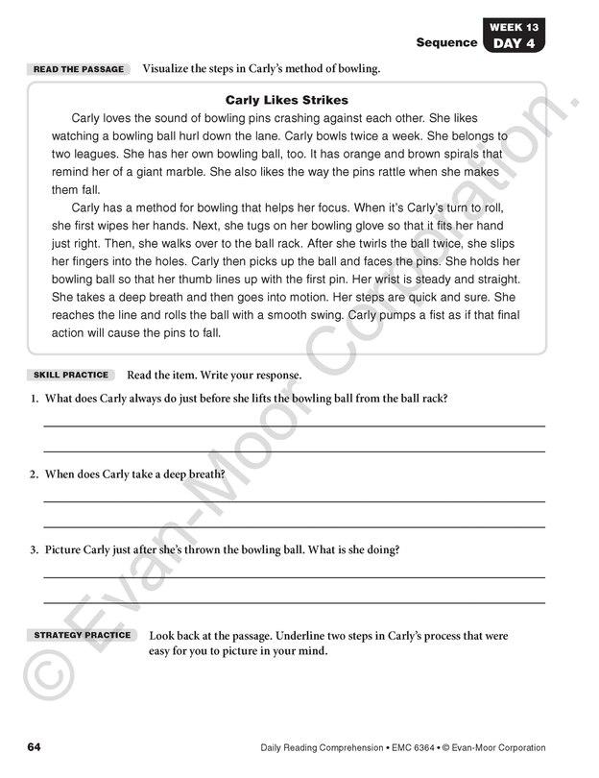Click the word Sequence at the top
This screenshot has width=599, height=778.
446,42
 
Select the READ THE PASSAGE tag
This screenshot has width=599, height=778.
79,69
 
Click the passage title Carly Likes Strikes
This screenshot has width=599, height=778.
286,100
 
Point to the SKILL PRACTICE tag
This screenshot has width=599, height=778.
71,375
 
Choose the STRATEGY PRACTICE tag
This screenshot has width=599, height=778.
83,636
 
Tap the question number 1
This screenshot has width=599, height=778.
34,399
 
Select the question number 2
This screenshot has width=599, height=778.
34,474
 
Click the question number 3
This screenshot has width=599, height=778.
34,550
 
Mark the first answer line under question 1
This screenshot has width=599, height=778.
294,425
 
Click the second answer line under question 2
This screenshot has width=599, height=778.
294,527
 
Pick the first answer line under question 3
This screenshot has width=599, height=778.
294,577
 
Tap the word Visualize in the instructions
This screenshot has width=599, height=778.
170,69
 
